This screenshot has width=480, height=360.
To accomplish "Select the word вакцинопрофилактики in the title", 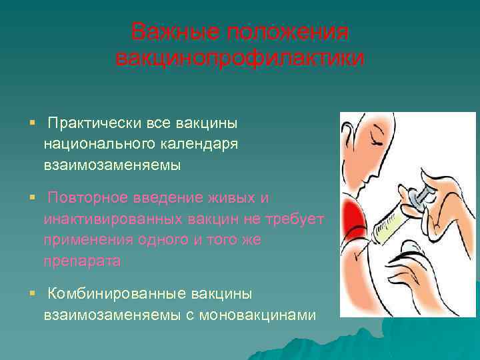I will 240,58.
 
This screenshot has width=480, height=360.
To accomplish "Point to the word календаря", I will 199,144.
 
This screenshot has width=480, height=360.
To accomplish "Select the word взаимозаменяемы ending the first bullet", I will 113,165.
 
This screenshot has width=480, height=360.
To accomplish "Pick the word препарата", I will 83,261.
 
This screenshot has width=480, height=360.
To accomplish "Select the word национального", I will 99,144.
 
